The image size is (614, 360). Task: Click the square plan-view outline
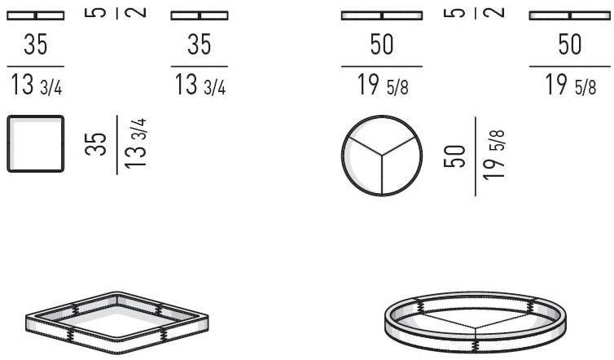click(x=35, y=143)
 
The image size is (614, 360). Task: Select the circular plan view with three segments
click(x=381, y=157)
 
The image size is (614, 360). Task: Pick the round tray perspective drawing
click(x=472, y=322)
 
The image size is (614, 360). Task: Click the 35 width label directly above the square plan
click(x=35, y=46)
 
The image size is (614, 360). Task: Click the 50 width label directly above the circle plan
click(x=381, y=46)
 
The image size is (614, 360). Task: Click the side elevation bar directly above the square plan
click(x=35, y=15)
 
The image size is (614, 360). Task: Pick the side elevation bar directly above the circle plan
click(x=381, y=15)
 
